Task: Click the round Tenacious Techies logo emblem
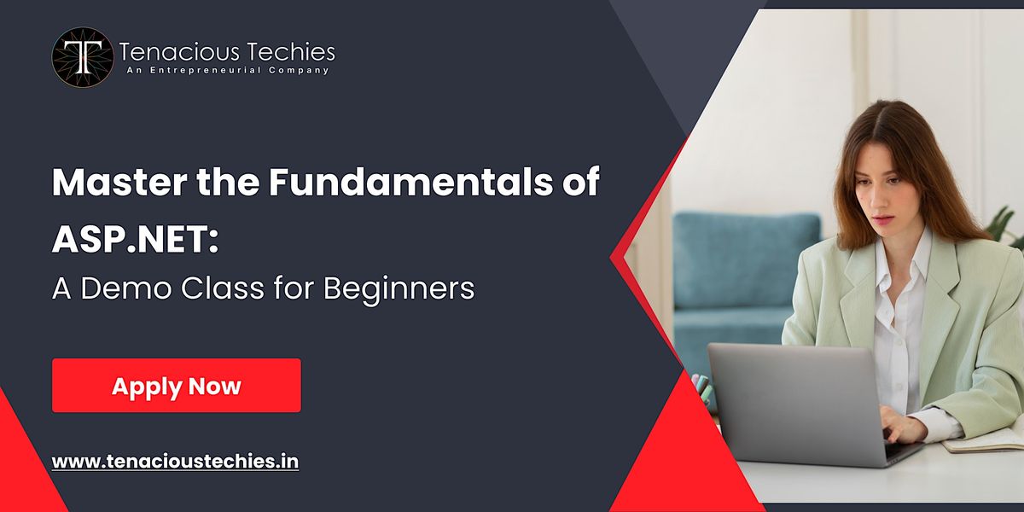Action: (82, 57)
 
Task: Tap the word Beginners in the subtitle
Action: (398, 288)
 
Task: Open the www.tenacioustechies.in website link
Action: (175, 462)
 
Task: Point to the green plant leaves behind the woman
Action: (1007, 226)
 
